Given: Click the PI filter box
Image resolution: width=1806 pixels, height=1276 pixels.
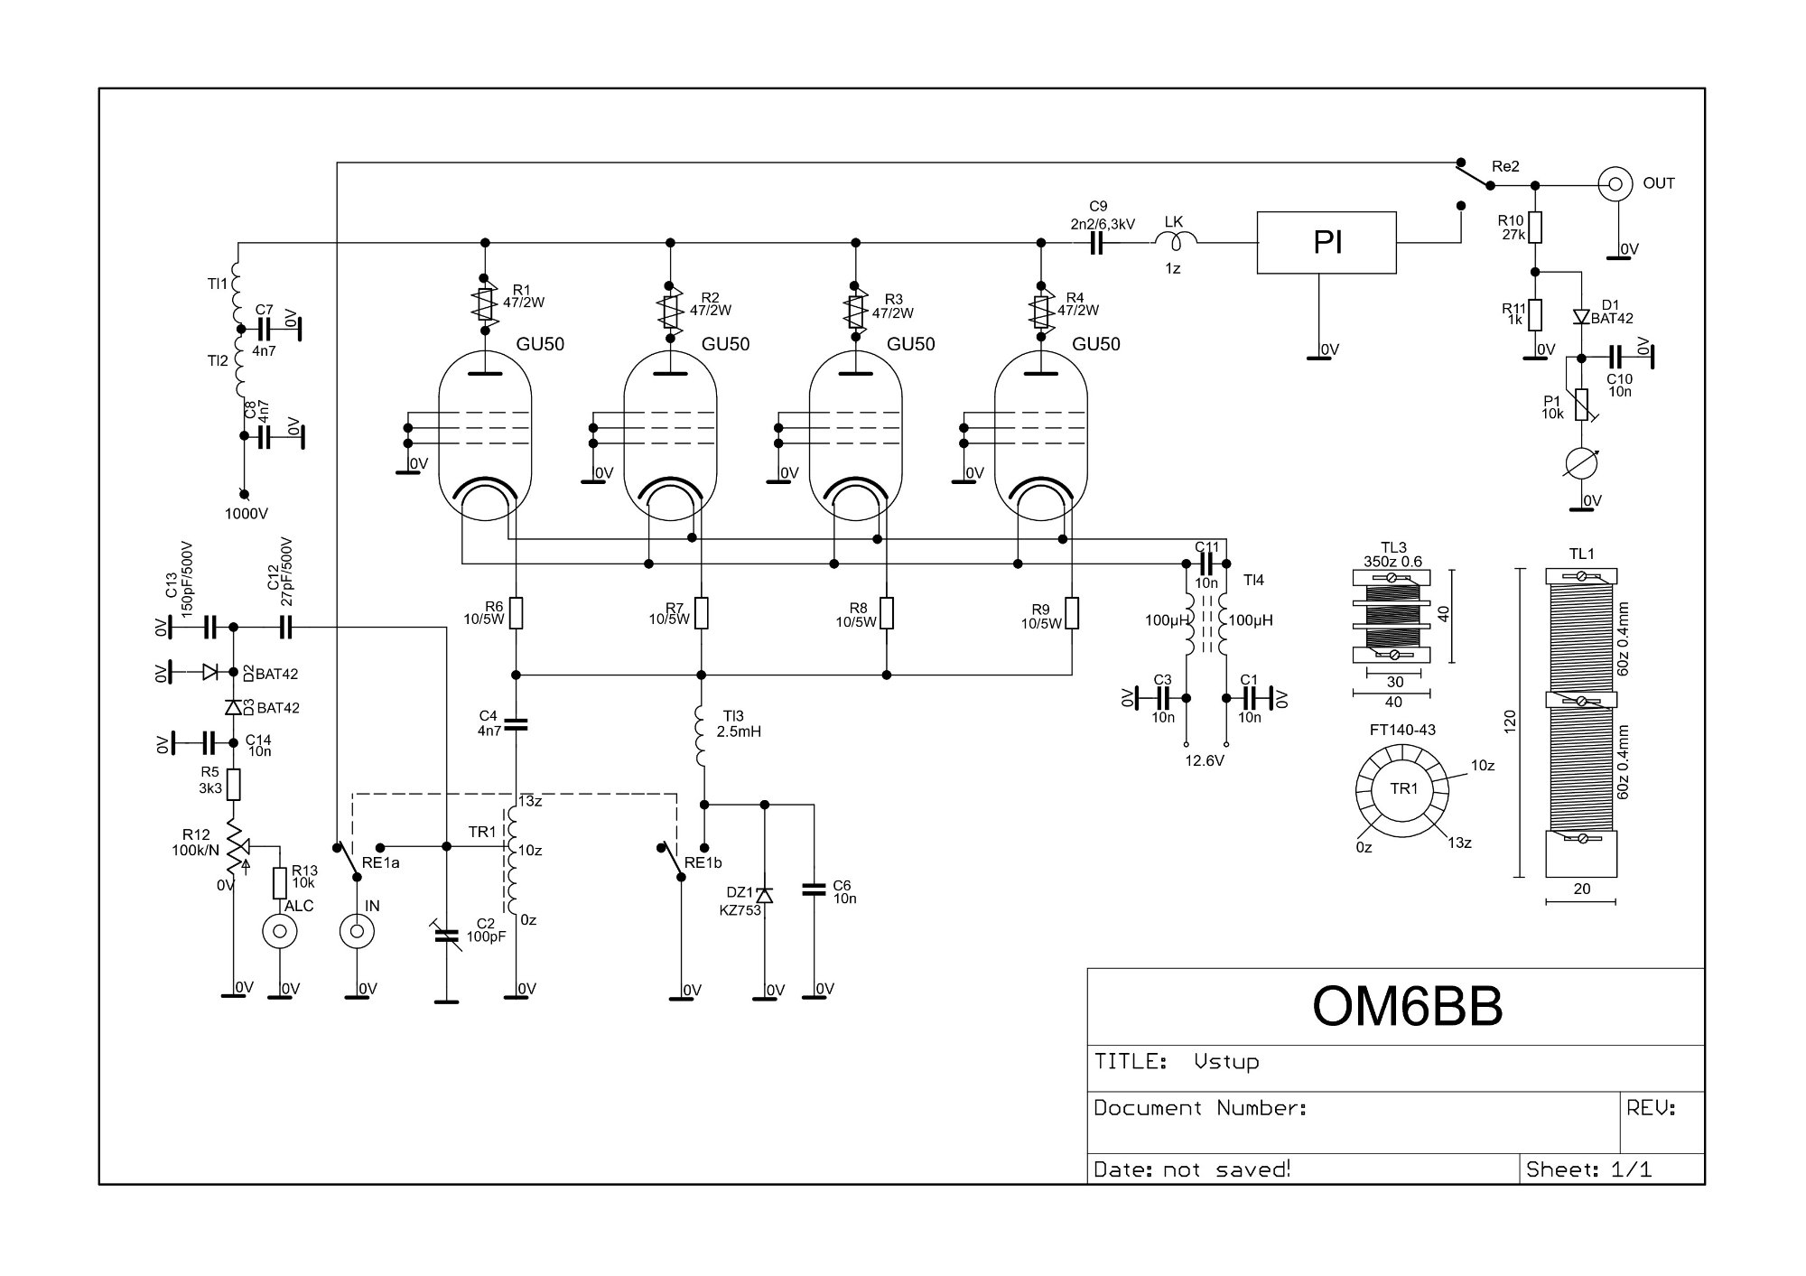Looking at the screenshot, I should (1326, 243).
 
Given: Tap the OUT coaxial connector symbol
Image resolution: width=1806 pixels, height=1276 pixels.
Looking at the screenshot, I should (1615, 184).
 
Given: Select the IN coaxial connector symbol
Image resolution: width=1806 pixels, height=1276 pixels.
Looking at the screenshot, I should (358, 931).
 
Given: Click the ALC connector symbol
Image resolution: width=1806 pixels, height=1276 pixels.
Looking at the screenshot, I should (280, 931).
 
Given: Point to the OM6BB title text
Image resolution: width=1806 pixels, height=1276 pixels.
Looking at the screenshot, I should (1407, 1006).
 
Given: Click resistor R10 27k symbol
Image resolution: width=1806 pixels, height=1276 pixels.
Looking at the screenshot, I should (1534, 228).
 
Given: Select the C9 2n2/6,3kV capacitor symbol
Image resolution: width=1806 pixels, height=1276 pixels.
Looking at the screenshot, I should (1097, 243).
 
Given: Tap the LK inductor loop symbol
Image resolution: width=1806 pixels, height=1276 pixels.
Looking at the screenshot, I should (1175, 240).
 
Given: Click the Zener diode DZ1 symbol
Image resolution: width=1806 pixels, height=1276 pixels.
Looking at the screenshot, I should (765, 894).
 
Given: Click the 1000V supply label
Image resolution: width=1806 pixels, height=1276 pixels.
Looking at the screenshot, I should (247, 514).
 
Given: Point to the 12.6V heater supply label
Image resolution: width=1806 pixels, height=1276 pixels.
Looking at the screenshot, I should (1205, 760).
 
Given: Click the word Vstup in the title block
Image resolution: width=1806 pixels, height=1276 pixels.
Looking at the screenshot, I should (1226, 1061).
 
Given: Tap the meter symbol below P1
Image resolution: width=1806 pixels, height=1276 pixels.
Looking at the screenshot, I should (1581, 462).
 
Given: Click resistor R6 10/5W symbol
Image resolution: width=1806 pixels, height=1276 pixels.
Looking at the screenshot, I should (516, 613).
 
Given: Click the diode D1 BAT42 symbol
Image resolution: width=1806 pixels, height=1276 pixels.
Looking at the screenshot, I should (1581, 316).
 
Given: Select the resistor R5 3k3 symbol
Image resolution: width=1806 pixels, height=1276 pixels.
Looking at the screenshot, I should (234, 784).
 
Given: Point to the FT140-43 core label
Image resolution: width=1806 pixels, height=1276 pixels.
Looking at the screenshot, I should (1402, 730).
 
